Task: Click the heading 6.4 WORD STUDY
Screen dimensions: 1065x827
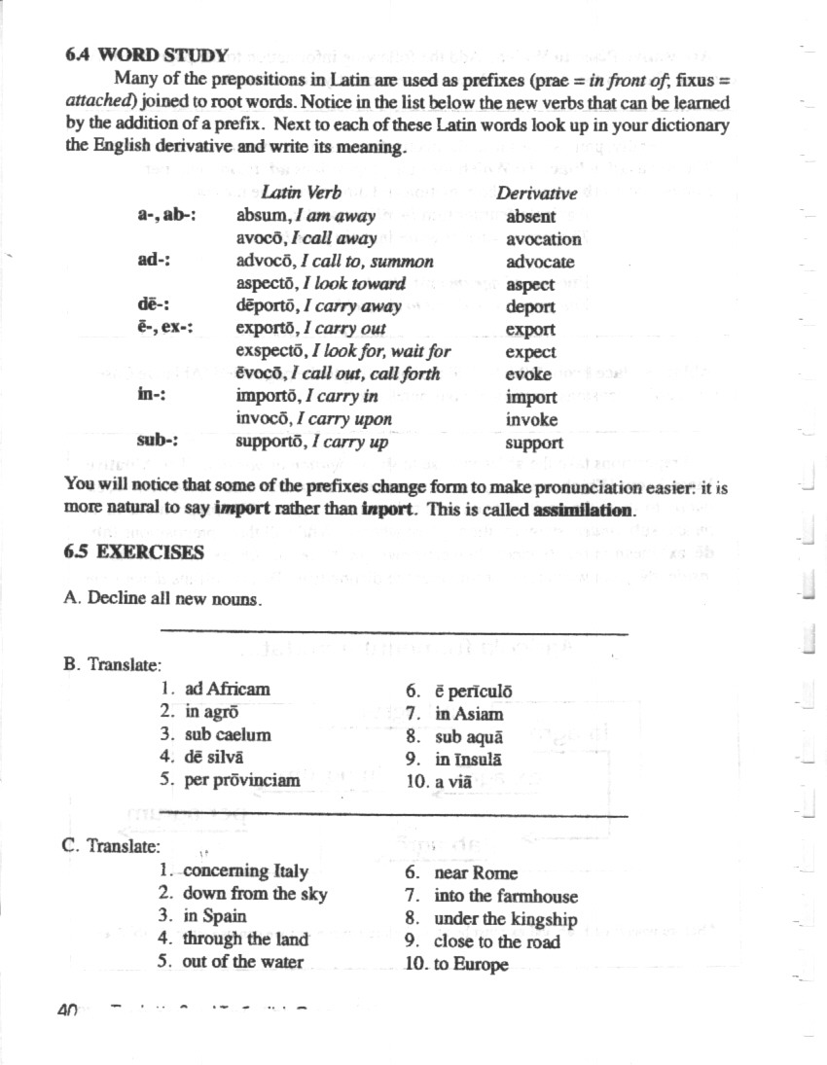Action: pos(146,54)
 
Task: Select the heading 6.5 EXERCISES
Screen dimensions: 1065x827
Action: pos(133,552)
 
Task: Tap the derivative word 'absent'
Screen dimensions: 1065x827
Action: pos(530,216)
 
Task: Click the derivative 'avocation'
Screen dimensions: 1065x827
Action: pos(543,238)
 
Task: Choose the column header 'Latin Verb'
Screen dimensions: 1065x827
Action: pos(301,194)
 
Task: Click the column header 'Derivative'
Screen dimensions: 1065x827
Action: pos(536,194)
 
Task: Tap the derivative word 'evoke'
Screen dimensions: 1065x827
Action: pos(528,374)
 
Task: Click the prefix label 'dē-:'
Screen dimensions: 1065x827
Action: pos(154,306)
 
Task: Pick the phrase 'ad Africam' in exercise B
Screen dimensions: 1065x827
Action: pos(227,689)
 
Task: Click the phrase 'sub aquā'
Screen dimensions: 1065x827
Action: pos(468,736)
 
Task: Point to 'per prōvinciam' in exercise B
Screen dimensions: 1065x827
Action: pos(241,780)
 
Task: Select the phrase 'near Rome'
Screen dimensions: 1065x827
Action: pos(476,873)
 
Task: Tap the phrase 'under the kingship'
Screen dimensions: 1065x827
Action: pos(505,919)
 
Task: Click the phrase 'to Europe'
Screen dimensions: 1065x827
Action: pos(471,966)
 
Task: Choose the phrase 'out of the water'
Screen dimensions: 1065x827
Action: pos(242,962)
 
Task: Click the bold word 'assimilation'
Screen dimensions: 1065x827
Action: pos(583,510)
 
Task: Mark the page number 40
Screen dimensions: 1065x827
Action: pos(67,1011)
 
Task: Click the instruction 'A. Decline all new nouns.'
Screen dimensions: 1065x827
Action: pos(162,598)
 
